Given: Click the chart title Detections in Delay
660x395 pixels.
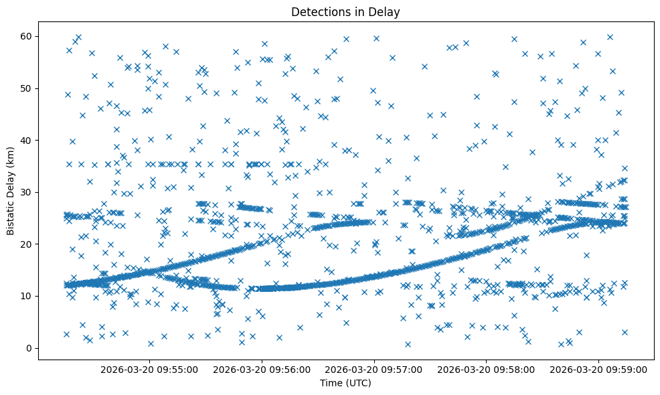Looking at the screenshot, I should point(345,11).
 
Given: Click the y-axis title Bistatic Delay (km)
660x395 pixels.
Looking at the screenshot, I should point(11,191).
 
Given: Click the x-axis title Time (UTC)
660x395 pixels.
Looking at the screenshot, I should point(345,383).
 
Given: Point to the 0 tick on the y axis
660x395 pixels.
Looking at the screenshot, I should point(29,348).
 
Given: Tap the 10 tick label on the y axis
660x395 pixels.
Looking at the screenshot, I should point(26,296).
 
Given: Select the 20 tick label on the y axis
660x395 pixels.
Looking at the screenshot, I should point(26,244).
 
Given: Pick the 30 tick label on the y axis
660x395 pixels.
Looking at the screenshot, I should point(26,192).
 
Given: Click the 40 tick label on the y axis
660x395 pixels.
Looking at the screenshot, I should point(26,140).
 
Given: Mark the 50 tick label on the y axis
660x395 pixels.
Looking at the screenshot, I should point(26,88).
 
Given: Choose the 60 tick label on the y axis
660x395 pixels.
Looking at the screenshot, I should point(26,36).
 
